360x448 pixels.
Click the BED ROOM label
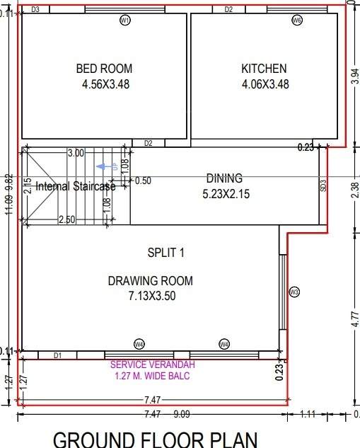point(104,69)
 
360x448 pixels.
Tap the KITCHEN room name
point(264,69)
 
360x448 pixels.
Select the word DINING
point(224,178)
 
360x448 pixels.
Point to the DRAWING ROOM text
point(150,281)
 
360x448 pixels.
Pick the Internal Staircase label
point(76,187)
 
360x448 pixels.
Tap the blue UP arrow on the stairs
point(109,166)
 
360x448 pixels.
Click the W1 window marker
point(124,21)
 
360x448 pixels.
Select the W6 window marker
point(297,21)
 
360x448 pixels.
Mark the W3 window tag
point(294,292)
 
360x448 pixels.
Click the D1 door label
point(58,355)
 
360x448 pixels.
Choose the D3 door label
point(35,9)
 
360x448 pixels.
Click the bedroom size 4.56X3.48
point(104,84)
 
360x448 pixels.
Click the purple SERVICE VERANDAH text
point(152,364)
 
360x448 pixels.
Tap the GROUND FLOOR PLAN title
point(156,439)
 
